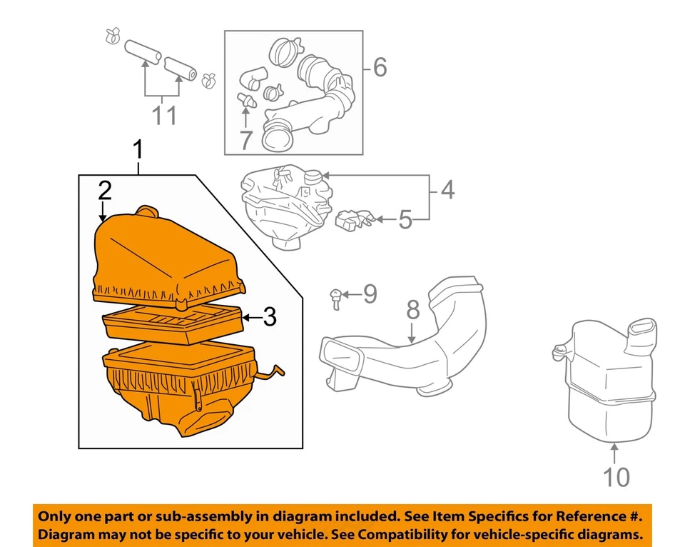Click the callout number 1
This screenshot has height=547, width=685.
(138, 151)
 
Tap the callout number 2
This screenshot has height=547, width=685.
(104, 191)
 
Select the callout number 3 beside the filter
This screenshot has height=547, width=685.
(269, 316)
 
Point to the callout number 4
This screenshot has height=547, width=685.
(447, 190)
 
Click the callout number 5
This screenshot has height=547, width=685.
(405, 219)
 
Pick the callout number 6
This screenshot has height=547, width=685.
(379, 68)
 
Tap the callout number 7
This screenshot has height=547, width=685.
(245, 140)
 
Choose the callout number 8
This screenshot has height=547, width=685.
(412, 311)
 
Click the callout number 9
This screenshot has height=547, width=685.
(368, 293)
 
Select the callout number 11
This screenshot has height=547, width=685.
(163, 114)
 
